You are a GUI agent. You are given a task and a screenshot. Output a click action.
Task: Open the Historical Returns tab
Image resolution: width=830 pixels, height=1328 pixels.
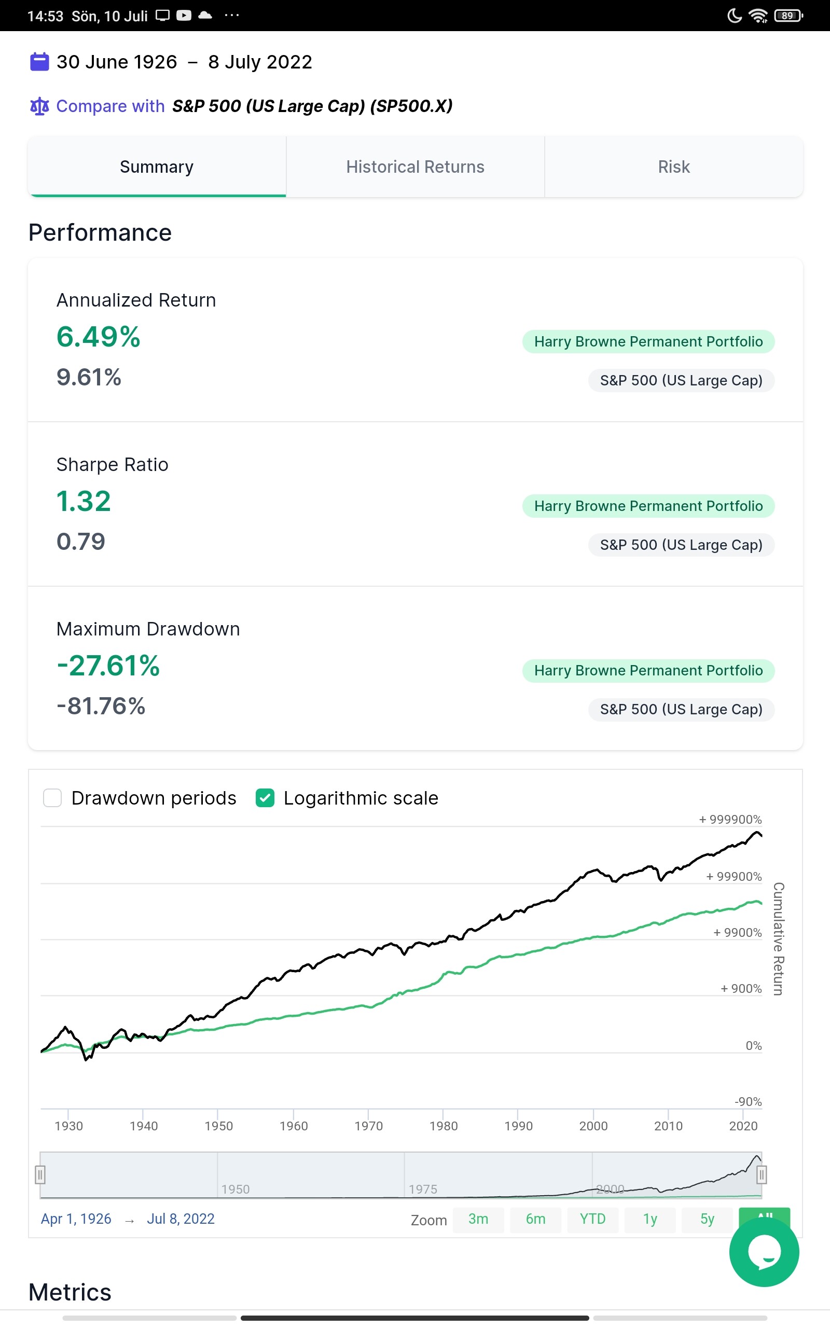point(415,167)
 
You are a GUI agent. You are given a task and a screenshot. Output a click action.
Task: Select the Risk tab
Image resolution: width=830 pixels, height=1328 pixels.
point(673,167)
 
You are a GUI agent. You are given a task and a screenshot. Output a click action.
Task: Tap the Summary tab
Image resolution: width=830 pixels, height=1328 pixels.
point(157,167)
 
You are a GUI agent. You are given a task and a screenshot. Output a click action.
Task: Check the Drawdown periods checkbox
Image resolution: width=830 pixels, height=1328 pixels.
point(53,798)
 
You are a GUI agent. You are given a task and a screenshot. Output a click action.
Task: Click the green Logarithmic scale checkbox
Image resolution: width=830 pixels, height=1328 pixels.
point(265,798)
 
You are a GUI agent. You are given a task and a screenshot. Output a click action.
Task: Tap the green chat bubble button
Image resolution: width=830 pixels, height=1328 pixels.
point(764,1252)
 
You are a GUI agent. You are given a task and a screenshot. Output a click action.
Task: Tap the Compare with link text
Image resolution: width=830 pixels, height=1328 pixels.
point(110,106)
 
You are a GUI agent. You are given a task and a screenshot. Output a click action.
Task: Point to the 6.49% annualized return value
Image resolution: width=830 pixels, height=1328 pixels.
point(98,337)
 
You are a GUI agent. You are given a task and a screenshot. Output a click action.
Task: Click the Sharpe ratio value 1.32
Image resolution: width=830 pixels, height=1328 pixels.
point(84,501)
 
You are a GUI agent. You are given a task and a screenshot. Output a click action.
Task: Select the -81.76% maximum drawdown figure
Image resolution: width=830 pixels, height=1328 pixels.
point(101,706)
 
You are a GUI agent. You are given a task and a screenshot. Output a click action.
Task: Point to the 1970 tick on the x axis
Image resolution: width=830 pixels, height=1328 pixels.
point(368,1126)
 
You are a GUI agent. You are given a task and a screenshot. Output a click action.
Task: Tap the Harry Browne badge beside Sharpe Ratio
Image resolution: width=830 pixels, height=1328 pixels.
point(648,506)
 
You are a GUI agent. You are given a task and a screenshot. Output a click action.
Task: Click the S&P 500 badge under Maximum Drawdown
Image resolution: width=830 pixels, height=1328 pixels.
point(681,710)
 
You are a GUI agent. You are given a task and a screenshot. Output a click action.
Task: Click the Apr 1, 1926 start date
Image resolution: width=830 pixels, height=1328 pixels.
point(76,1219)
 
